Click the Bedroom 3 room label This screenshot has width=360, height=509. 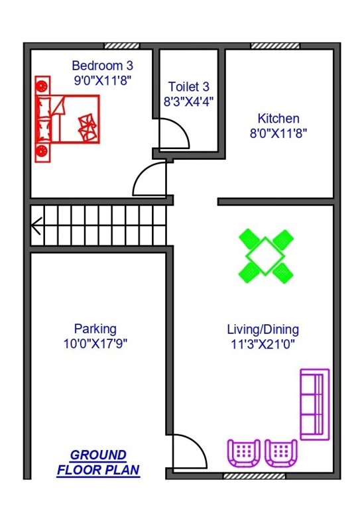point(102,66)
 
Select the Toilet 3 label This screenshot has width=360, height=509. point(189,87)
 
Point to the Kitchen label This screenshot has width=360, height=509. point(278,119)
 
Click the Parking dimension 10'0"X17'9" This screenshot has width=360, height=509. point(95,343)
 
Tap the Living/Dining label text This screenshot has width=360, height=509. point(263,329)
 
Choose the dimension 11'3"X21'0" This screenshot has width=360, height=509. point(263,343)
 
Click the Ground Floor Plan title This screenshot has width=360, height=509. point(98,463)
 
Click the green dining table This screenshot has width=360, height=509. point(265,254)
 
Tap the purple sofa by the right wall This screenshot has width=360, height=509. point(314,404)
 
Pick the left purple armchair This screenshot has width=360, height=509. point(244,453)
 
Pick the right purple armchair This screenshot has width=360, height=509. point(281,453)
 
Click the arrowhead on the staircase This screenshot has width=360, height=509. point(37,226)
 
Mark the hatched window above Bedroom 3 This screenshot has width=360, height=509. point(122,46)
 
